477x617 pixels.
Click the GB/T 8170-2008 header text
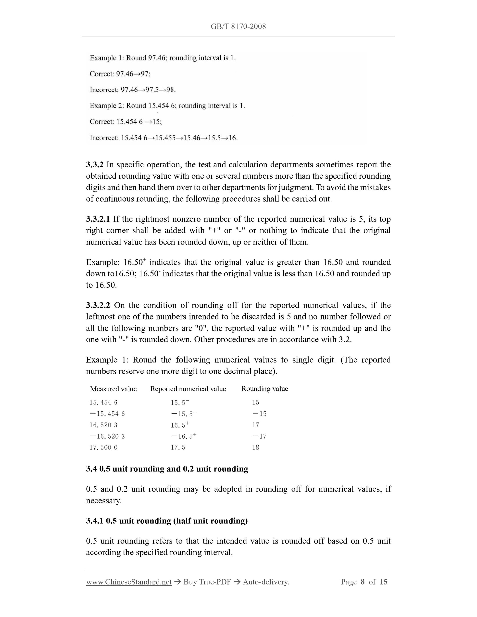tap(238, 26)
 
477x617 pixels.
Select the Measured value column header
tap(113, 389)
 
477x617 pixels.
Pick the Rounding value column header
tap(264, 388)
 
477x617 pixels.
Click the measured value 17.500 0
tap(103, 447)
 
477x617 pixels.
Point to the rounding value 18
tap(255, 447)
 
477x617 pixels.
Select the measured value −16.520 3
tap(107, 436)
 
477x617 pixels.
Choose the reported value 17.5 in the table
tap(178, 447)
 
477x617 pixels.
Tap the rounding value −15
tap(259, 414)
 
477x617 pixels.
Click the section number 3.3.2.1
tap(98, 219)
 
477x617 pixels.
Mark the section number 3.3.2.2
tap(98, 305)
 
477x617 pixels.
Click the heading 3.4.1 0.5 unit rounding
tap(167, 520)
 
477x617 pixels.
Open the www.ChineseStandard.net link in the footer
tap(129, 582)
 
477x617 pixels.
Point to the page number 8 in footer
tap(363, 582)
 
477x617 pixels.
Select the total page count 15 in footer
tap(383, 582)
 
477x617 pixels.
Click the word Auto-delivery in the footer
tap(266, 582)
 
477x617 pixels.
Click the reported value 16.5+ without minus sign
tap(180, 425)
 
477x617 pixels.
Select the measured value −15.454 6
tap(107, 414)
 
